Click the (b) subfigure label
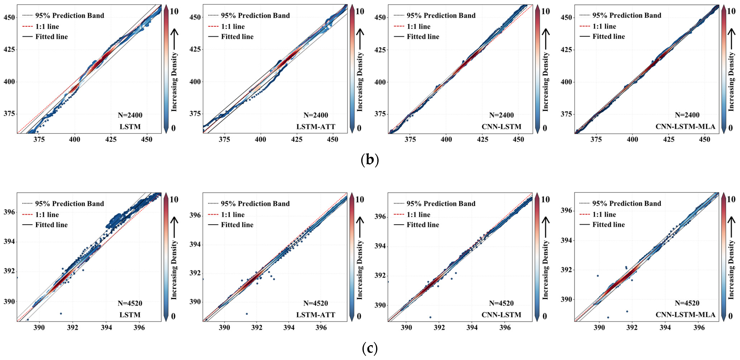coord(369,160)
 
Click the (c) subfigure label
coord(369,348)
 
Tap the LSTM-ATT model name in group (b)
coord(316,127)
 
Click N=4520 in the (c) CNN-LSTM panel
coord(501,303)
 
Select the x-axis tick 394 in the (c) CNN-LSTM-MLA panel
coord(665,328)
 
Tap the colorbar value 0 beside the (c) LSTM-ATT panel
coord(359,316)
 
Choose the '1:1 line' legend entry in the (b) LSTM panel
coord(47,26)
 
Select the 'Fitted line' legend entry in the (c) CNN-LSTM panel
coord(423,225)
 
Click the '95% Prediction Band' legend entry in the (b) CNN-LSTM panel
coord(441,16)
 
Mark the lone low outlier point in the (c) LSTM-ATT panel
coord(247,314)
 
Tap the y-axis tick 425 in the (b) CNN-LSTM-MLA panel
coord(566,50)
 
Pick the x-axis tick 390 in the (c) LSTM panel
coord(39,328)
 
